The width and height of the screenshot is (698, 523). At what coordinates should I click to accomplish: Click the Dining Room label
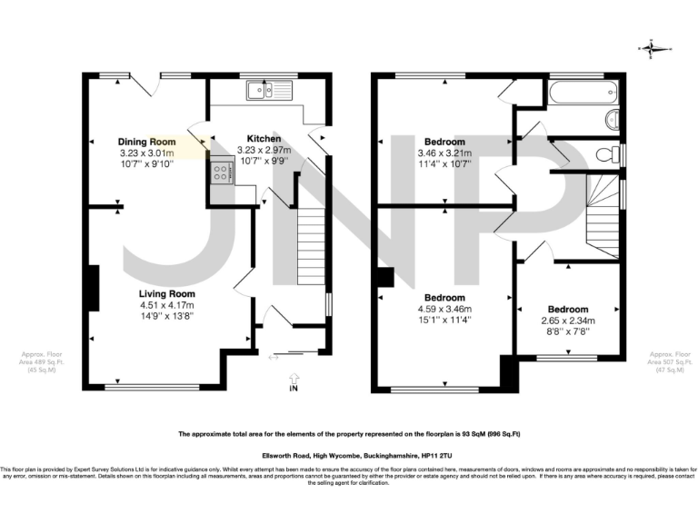coord(146,143)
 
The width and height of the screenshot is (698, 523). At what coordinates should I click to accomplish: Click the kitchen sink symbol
coord(266,90)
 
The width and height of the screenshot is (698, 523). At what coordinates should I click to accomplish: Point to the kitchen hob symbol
coord(221,173)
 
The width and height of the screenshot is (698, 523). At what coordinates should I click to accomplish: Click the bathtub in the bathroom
coord(583,92)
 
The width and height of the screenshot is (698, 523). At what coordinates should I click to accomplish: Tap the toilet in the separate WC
coord(605,155)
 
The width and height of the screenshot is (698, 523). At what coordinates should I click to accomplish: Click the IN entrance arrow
coord(293,382)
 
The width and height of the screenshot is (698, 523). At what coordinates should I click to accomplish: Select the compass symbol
coord(653,49)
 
